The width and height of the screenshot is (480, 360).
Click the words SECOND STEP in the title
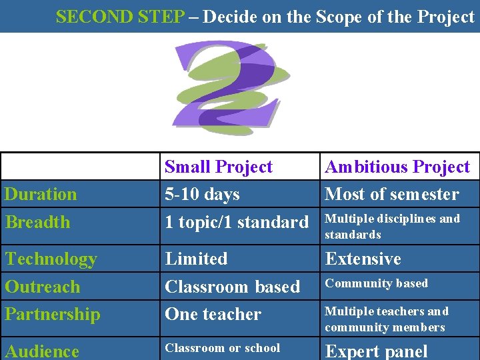tap(120, 17)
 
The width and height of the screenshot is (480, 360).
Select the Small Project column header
tap(219, 167)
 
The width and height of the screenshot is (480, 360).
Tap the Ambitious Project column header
tap(397, 167)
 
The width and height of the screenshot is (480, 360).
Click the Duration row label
tap(41, 195)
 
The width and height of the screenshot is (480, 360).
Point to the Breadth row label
tap(37, 222)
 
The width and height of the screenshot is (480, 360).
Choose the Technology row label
tap(51, 259)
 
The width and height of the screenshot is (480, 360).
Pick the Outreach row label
tap(42, 287)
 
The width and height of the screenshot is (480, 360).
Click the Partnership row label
tap(53, 314)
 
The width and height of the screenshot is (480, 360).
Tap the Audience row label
tap(42, 351)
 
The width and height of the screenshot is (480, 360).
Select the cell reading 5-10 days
tap(202, 195)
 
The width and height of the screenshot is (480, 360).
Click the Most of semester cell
tap(392, 195)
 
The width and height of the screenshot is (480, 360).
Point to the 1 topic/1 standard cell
tap(237, 222)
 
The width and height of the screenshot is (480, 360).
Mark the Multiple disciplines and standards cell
tap(392, 227)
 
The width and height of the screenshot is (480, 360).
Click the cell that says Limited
tap(196, 259)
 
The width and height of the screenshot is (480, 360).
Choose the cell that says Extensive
tap(363, 259)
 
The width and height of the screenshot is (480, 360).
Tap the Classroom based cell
tap(232, 287)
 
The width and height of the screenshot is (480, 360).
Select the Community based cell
tap(376, 283)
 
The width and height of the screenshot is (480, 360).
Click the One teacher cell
tap(213, 314)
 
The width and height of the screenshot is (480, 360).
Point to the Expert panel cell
tap(376, 351)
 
